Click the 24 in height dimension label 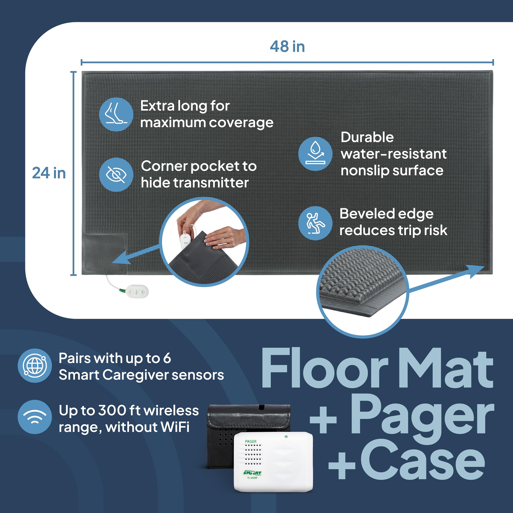coord(49,173)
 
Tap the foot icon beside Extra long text coord(116,114)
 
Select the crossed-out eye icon coord(116,175)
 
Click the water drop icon coord(315,154)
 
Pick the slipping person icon coord(315,223)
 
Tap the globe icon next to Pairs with coord(35,366)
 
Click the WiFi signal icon coord(35,417)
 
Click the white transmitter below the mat coord(137,292)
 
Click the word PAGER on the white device coord(251,441)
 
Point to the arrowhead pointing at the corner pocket coord(119,260)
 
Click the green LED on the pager coord(286,436)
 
